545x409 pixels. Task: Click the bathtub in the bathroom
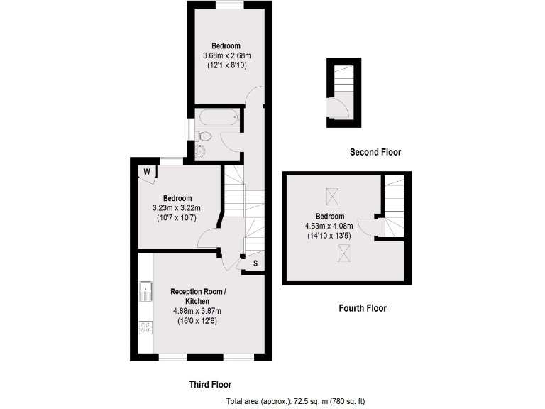pos(218,117)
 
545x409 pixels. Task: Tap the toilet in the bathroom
pos(204,136)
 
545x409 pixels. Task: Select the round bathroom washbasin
pos(199,150)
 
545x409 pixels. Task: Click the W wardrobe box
pos(148,171)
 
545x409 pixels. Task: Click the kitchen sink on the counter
pos(145,292)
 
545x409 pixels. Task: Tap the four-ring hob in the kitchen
pos(146,327)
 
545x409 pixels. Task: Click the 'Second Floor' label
pos(375,152)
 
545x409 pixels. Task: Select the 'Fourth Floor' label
pos(361,308)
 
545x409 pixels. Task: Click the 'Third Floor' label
pos(210,384)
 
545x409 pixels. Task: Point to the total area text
pos(295,401)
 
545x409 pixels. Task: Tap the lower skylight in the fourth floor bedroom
pos(344,251)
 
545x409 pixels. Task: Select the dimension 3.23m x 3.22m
pos(177,208)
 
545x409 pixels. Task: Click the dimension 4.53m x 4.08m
pos(330,226)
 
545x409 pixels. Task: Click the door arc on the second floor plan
pos(340,107)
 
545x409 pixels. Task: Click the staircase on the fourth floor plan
pos(395,206)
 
